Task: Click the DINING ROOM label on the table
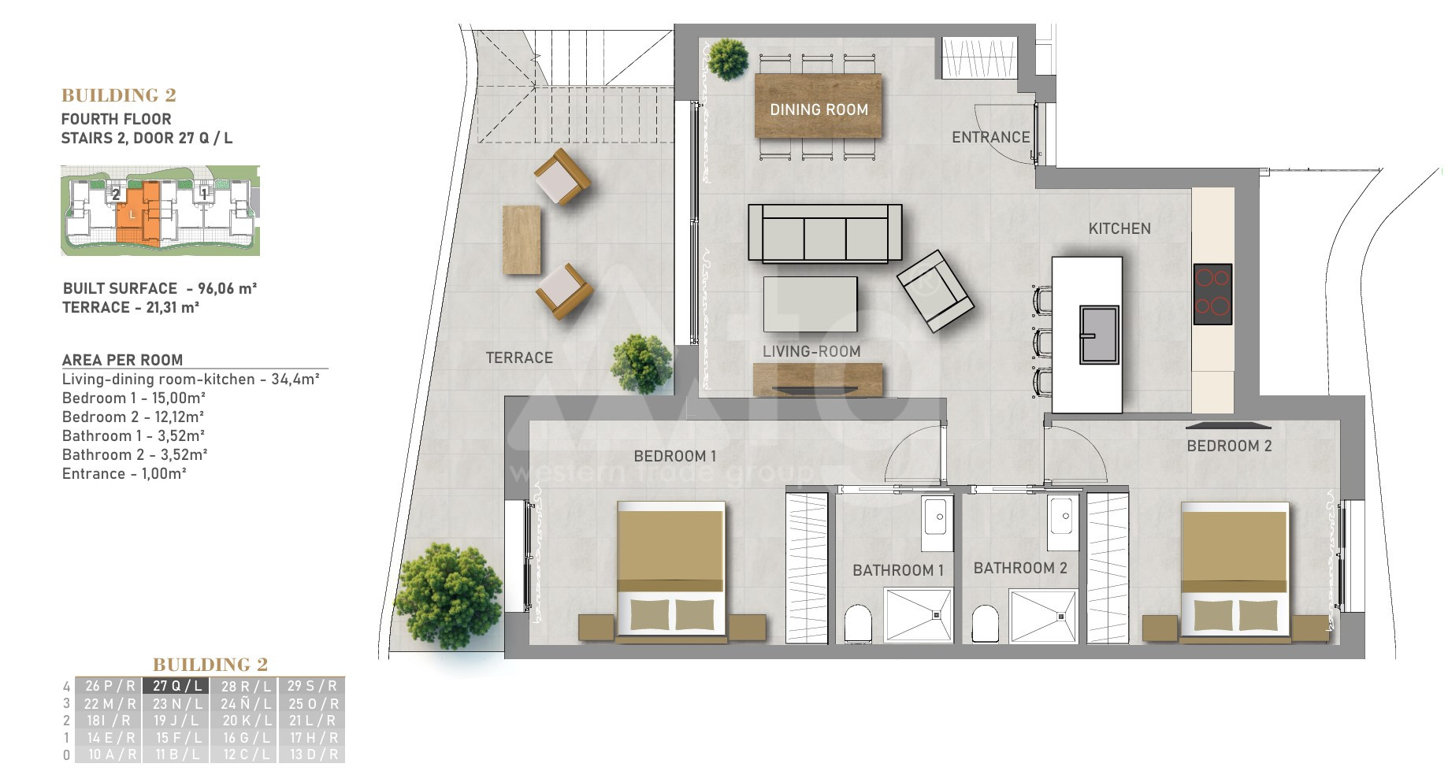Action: coord(819,110)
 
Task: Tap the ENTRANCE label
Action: coord(990,137)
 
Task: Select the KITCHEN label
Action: coord(1119,228)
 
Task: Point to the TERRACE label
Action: coord(519,358)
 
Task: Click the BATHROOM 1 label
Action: coord(898,570)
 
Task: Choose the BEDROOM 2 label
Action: coord(1229,446)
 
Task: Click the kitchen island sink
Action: coord(1099,335)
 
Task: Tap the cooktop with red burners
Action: coord(1212,294)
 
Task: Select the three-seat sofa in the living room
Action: coord(825,233)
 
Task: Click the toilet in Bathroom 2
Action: coord(985,624)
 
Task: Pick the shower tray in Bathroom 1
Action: coord(918,615)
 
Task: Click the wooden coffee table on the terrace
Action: coord(522,240)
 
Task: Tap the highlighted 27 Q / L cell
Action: coord(177,686)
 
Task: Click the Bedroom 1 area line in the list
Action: coord(134,398)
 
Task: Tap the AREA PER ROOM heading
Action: coord(122,360)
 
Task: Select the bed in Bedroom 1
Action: coord(670,568)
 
